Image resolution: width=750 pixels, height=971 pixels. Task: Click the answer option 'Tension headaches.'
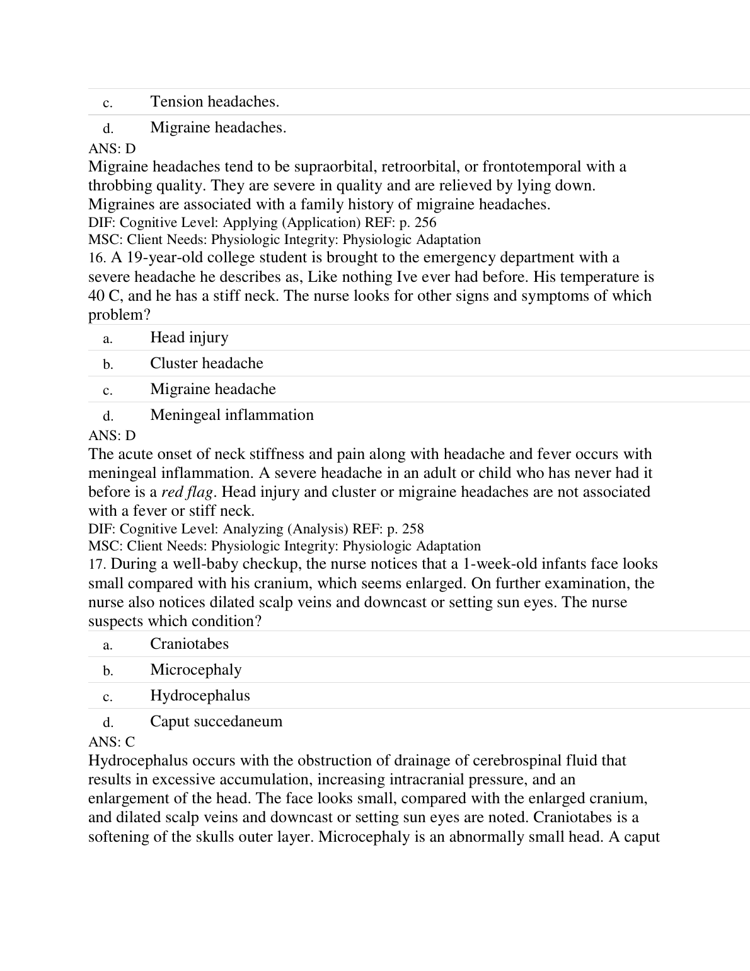(214, 102)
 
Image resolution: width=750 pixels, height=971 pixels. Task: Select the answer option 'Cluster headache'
(206, 363)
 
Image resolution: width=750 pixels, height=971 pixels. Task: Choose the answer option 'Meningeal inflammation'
(231, 415)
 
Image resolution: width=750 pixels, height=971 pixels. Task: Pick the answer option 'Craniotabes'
(189, 644)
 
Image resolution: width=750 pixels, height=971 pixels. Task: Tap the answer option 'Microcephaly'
(195, 670)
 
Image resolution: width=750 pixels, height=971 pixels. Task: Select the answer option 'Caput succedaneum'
(216, 721)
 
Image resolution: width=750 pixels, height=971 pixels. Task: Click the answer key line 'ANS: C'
(112, 742)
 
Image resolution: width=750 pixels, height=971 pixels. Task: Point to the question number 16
(97, 258)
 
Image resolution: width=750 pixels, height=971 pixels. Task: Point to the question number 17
(97, 564)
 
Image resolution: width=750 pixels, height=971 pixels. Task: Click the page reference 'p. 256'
(418, 223)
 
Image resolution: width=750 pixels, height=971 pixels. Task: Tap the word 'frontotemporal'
(531, 166)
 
